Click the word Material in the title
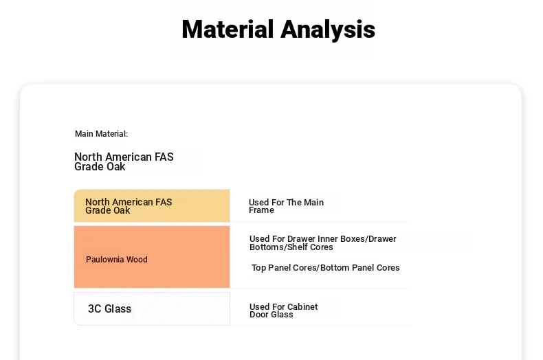pos(228,29)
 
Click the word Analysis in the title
pos(328,30)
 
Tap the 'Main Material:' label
pos(102,133)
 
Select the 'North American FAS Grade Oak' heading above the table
pos(124,161)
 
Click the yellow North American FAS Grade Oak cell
pos(152,205)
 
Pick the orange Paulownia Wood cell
pos(152,257)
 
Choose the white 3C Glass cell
pos(152,308)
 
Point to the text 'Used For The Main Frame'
pos(286,206)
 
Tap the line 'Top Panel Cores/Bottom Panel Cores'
pos(326,267)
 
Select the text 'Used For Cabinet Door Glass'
pos(283,311)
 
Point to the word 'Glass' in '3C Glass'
pos(118,308)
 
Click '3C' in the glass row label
pos(95,308)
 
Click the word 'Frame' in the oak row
pos(261,210)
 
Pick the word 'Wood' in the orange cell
pos(137,259)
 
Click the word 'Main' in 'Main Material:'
pos(84,133)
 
